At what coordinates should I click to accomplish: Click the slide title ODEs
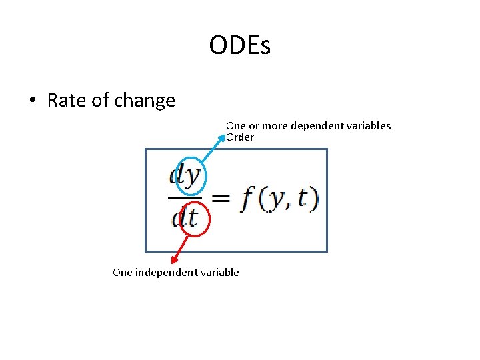[x=239, y=46]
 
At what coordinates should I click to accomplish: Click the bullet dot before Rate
[x=32, y=101]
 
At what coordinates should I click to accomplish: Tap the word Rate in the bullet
[x=63, y=101]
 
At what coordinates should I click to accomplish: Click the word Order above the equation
[x=240, y=137]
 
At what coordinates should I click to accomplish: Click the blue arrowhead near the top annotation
[x=223, y=137]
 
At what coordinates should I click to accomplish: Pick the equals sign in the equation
[x=220, y=198]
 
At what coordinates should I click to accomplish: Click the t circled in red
[x=193, y=218]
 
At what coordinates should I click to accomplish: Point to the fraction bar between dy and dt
[x=184, y=197]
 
